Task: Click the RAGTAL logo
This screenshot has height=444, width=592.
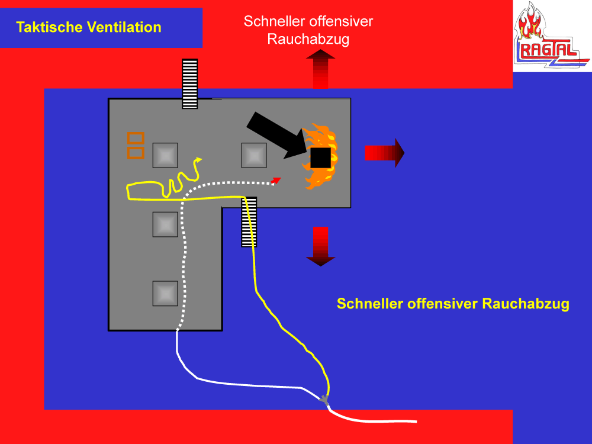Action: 551,36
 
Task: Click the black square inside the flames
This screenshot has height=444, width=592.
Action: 320,157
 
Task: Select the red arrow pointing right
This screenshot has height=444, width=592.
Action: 384,153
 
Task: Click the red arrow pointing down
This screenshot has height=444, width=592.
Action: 320,246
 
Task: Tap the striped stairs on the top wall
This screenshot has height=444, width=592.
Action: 189,83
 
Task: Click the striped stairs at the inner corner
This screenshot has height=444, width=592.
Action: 249,222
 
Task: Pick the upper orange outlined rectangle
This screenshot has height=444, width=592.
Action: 136,139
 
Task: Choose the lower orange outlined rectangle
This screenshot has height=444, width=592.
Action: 136,153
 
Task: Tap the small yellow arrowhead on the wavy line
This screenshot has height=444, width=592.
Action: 199,159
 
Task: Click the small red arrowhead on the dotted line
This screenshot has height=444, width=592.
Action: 276,180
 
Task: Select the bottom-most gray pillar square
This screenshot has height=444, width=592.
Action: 165,293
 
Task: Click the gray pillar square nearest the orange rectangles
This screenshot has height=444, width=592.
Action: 165,155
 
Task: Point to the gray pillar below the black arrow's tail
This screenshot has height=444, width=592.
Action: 255,155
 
